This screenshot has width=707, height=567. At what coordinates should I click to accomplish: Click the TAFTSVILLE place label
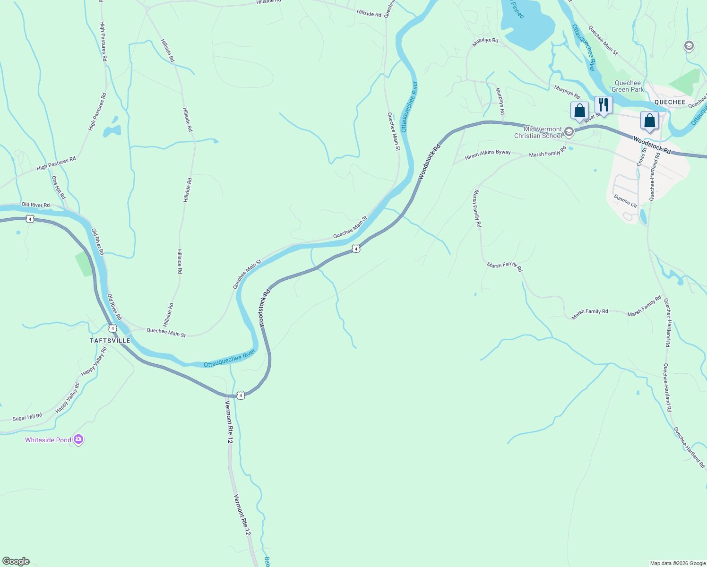click(110, 340)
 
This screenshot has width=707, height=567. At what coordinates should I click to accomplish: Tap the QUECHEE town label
click(670, 102)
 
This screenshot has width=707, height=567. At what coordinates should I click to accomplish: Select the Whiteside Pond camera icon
click(78, 439)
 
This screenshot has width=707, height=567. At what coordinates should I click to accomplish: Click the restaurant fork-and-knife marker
click(604, 105)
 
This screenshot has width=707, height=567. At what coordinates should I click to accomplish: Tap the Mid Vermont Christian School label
click(538, 132)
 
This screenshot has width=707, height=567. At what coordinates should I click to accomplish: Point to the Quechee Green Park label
click(628, 86)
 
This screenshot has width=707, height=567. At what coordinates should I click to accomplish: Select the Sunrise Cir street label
click(626, 201)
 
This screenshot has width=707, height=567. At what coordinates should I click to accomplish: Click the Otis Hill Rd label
click(59, 188)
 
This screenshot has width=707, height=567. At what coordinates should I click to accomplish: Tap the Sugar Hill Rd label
click(27, 417)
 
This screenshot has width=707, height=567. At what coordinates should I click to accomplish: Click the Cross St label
click(641, 157)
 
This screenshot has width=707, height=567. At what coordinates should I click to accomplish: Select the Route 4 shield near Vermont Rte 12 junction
click(241, 395)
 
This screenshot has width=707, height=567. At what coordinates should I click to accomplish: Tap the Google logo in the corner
click(16, 561)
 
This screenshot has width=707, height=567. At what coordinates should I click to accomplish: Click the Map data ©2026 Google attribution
click(678, 563)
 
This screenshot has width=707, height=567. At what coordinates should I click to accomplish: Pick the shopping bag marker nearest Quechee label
click(649, 120)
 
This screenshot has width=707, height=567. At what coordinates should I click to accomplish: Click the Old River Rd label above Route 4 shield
click(35, 205)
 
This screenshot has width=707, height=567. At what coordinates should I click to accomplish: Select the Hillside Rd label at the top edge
click(268, 2)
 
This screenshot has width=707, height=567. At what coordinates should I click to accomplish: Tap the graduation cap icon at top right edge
click(689, 46)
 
